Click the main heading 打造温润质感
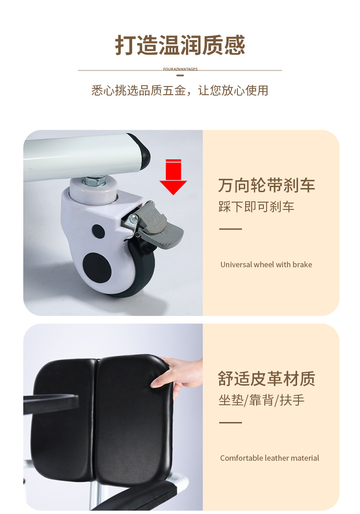[x=180, y=45]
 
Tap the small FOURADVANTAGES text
[x=180, y=69]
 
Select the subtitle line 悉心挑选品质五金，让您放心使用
[x=180, y=90]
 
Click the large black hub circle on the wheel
[x=97, y=267]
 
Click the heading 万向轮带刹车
[x=267, y=185]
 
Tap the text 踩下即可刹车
[x=256, y=207]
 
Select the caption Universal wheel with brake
[x=266, y=265]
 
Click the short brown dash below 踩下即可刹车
[x=231, y=229]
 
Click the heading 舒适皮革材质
[x=267, y=379]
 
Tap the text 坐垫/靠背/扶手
[x=262, y=400]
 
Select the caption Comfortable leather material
[x=269, y=458]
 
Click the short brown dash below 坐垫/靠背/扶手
[x=231, y=422]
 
